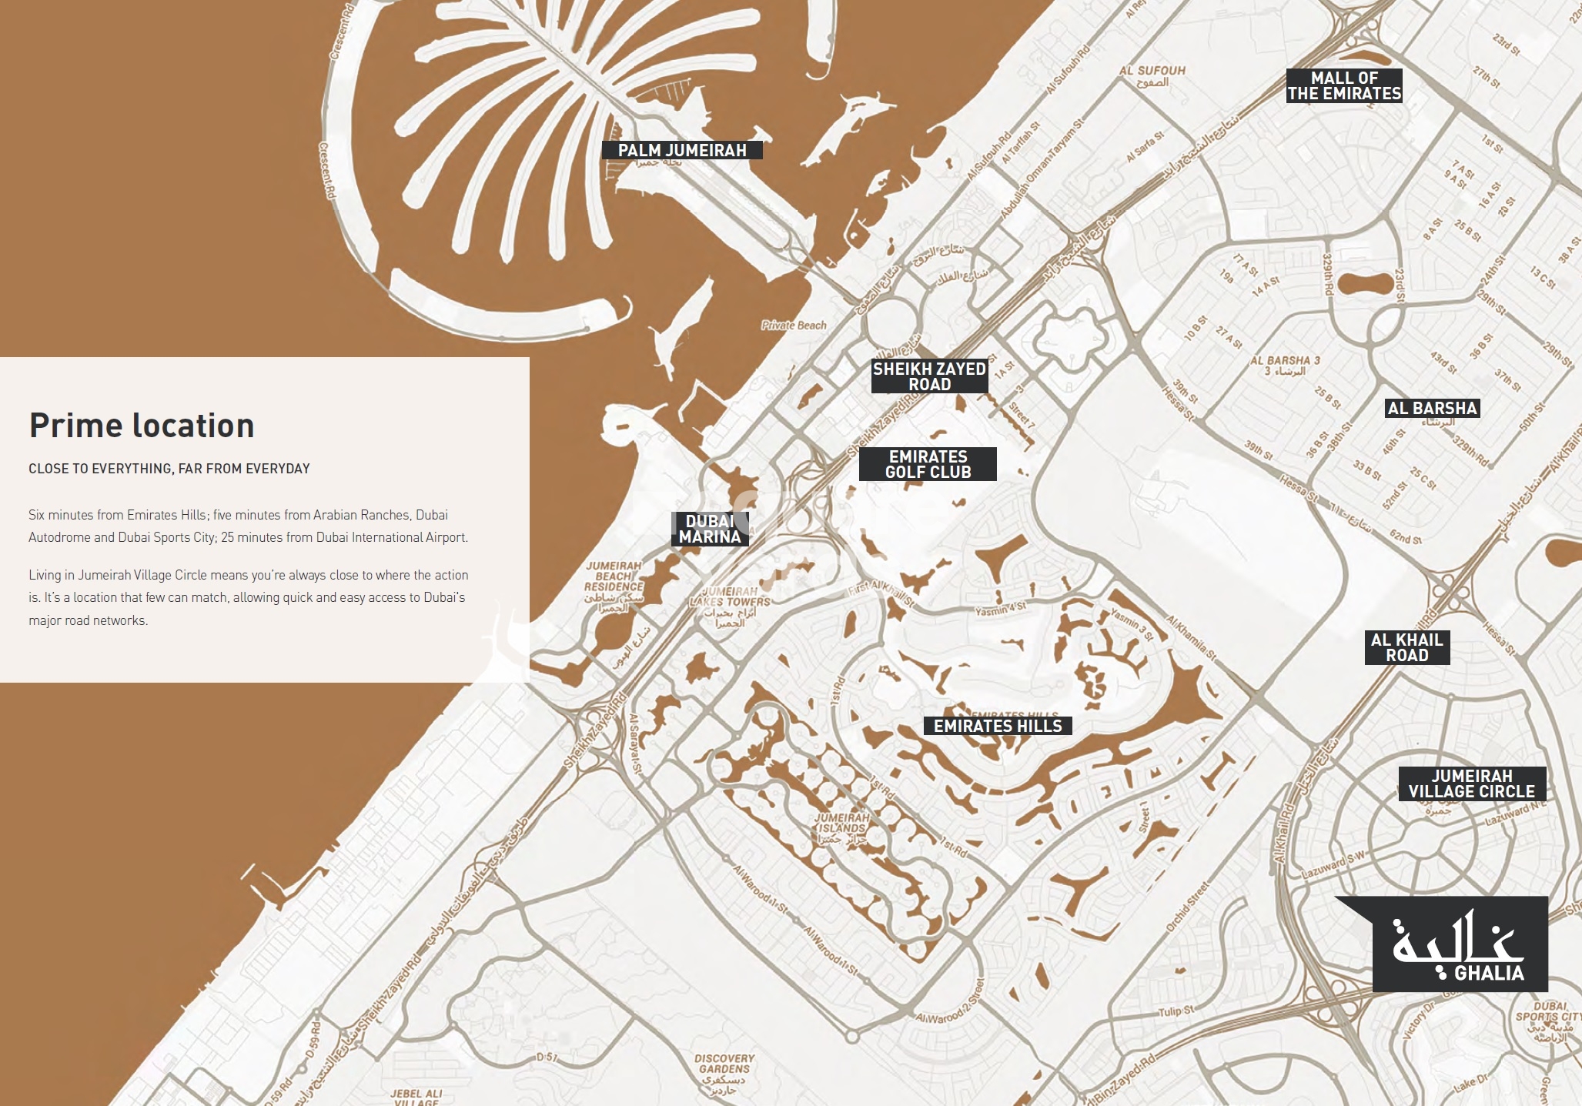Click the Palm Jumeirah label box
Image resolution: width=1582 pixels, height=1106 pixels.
(x=682, y=150)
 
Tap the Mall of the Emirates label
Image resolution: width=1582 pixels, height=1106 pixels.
(x=1344, y=85)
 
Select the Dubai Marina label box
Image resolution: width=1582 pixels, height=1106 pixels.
(x=710, y=529)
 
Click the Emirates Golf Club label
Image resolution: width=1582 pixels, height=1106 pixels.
(x=928, y=464)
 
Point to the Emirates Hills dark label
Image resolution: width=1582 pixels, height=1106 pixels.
(x=997, y=726)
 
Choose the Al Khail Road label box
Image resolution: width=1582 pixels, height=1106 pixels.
(x=1406, y=647)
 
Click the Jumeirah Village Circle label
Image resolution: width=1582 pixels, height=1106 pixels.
(x=1471, y=784)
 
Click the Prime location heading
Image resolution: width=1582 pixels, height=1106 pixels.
(x=142, y=426)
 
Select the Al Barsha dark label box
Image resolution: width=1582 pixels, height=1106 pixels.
(x=1432, y=408)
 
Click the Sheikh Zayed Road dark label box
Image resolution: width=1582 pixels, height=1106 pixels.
(x=929, y=376)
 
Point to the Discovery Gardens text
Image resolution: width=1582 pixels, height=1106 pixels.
(x=724, y=1064)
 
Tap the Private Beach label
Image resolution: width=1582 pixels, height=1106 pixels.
(x=794, y=325)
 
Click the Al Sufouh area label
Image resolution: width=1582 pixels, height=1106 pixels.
(x=1152, y=71)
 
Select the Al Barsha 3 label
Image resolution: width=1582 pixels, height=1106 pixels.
(x=1285, y=360)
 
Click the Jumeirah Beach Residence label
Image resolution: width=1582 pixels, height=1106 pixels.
(x=614, y=576)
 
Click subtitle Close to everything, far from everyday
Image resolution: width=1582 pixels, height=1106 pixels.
(x=169, y=469)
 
